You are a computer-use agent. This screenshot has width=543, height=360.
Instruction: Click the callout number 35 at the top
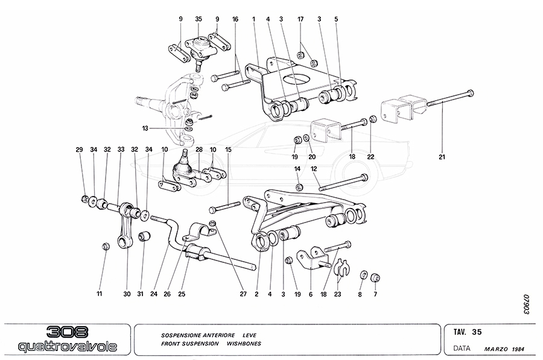point(198,19)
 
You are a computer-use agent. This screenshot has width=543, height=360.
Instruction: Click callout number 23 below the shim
point(338,294)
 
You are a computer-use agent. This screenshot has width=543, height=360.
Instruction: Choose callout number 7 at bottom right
point(375,294)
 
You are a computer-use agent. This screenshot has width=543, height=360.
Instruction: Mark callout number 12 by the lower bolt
point(314,169)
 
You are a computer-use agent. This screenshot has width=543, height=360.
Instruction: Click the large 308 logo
point(66,332)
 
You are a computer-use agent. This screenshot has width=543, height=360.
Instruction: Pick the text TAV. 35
point(468,331)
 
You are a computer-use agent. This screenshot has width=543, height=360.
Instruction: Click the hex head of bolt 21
point(470,93)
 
